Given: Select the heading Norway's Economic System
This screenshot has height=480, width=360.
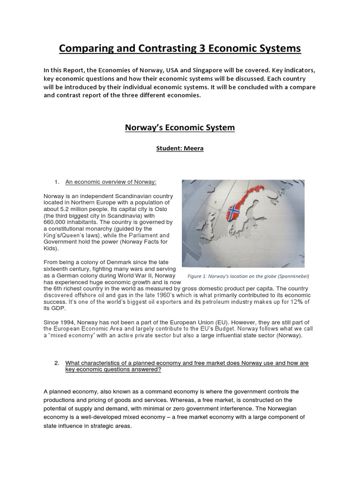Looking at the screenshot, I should pyautogui.click(x=180, y=127).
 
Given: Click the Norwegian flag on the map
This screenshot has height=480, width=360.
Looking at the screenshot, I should pyautogui.click(x=233, y=213).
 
